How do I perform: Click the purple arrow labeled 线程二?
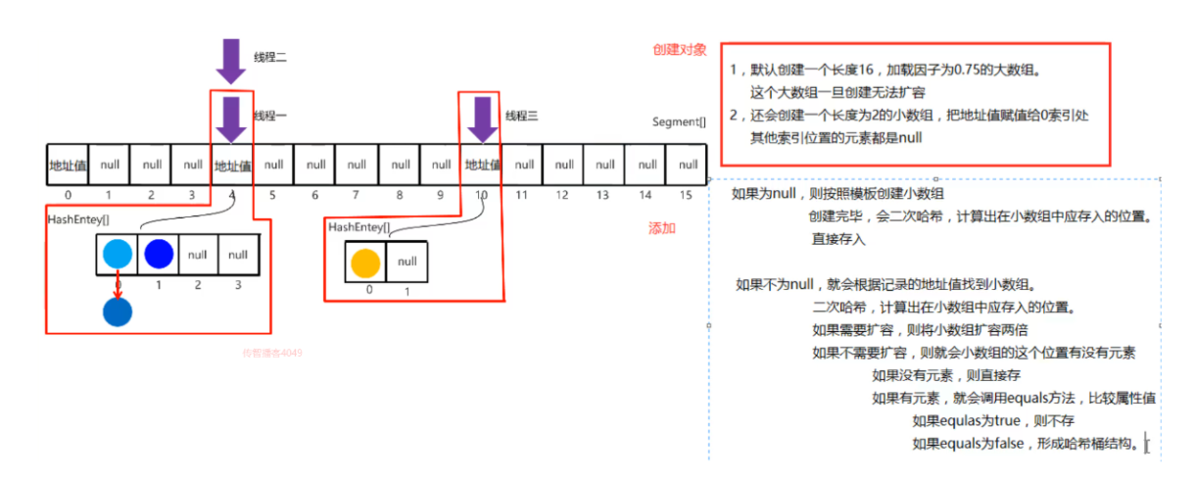(231, 61)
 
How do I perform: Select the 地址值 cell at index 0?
(68, 165)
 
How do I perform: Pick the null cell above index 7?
(357, 165)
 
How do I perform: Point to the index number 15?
(686, 195)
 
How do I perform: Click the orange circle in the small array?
(365, 262)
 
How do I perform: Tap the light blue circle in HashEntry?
(118, 254)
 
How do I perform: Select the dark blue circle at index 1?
(158, 254)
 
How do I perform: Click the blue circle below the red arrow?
(118, 311)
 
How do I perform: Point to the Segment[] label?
(678, 122)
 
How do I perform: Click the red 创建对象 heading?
(680, 49)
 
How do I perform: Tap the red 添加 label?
(662, 228)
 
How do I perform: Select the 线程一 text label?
(270, 116)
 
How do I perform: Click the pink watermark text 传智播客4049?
(272, 353)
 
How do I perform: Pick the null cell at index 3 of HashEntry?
(238, 254)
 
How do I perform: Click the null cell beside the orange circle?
(407, 262)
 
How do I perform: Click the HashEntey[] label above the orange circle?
(359, 227)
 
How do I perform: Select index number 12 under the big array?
(563, 195)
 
